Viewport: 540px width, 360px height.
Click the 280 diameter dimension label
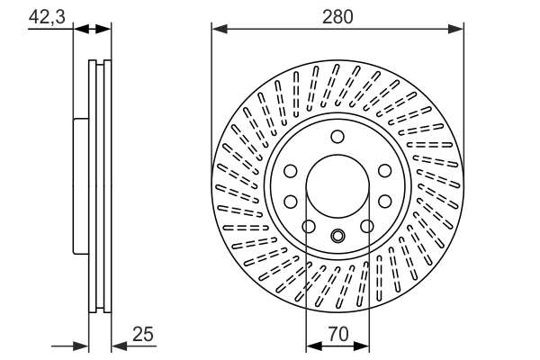(338, 15)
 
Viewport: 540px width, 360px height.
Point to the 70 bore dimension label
(338, 333)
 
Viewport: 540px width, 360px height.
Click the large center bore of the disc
(338, 185)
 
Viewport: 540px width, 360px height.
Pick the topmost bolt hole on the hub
(338, 137)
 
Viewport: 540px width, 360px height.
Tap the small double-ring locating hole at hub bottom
(338, 237)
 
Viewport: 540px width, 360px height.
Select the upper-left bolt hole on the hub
(292, 170)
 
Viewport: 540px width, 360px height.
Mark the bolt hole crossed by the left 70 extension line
(308, 226)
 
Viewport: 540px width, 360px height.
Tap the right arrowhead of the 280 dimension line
(458, 30)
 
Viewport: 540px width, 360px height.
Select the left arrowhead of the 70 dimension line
(312, 344)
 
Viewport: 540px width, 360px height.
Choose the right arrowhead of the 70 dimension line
(364, 344)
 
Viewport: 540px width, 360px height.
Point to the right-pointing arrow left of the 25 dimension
(82, 344)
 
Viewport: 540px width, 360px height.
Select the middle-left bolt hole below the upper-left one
(292, 201)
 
